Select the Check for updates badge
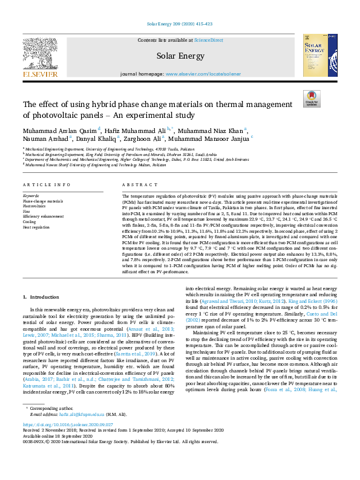(x=312, y=99)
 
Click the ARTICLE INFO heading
(x=47, y=184)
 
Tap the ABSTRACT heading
(x=136, y=184)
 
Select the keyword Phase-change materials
(x=42, y=201)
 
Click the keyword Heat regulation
(x=37, y=228)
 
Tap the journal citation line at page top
(x=180, y=24)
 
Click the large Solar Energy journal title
(x=180, y=56)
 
